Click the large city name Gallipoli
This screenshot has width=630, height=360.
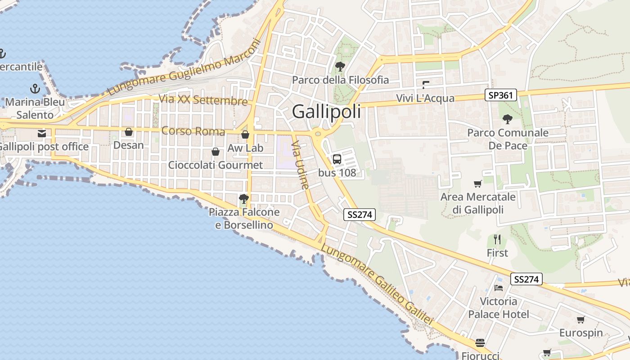tap(326, 112)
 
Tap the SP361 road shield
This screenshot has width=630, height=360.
tap(500, 95)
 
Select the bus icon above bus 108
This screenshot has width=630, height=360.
tap(337, 159)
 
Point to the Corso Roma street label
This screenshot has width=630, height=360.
tap(193, 131)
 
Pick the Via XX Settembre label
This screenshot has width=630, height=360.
tap(203, 100)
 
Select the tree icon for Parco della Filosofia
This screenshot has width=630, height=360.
tap(340, 67)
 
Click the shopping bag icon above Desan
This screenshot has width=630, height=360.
tap(129, 132)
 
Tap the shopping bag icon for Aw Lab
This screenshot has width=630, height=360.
tap(245, 135)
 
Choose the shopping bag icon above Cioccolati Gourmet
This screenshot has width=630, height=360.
tap(216, 152)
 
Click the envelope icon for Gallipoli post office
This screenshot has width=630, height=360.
tap(42, 133)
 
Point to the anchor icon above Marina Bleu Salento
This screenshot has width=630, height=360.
tap(35, 88)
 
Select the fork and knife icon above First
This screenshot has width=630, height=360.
tap(497, 239)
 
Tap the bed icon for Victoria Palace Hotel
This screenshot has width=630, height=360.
tap(498, 288)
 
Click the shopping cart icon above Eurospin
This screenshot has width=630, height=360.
tap(580, 320)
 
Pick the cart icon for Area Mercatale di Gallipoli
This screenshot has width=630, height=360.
tap(477, 184)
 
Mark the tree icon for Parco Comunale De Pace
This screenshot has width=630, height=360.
tap(508, 119)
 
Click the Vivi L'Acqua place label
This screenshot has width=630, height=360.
tap(425, 98)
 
